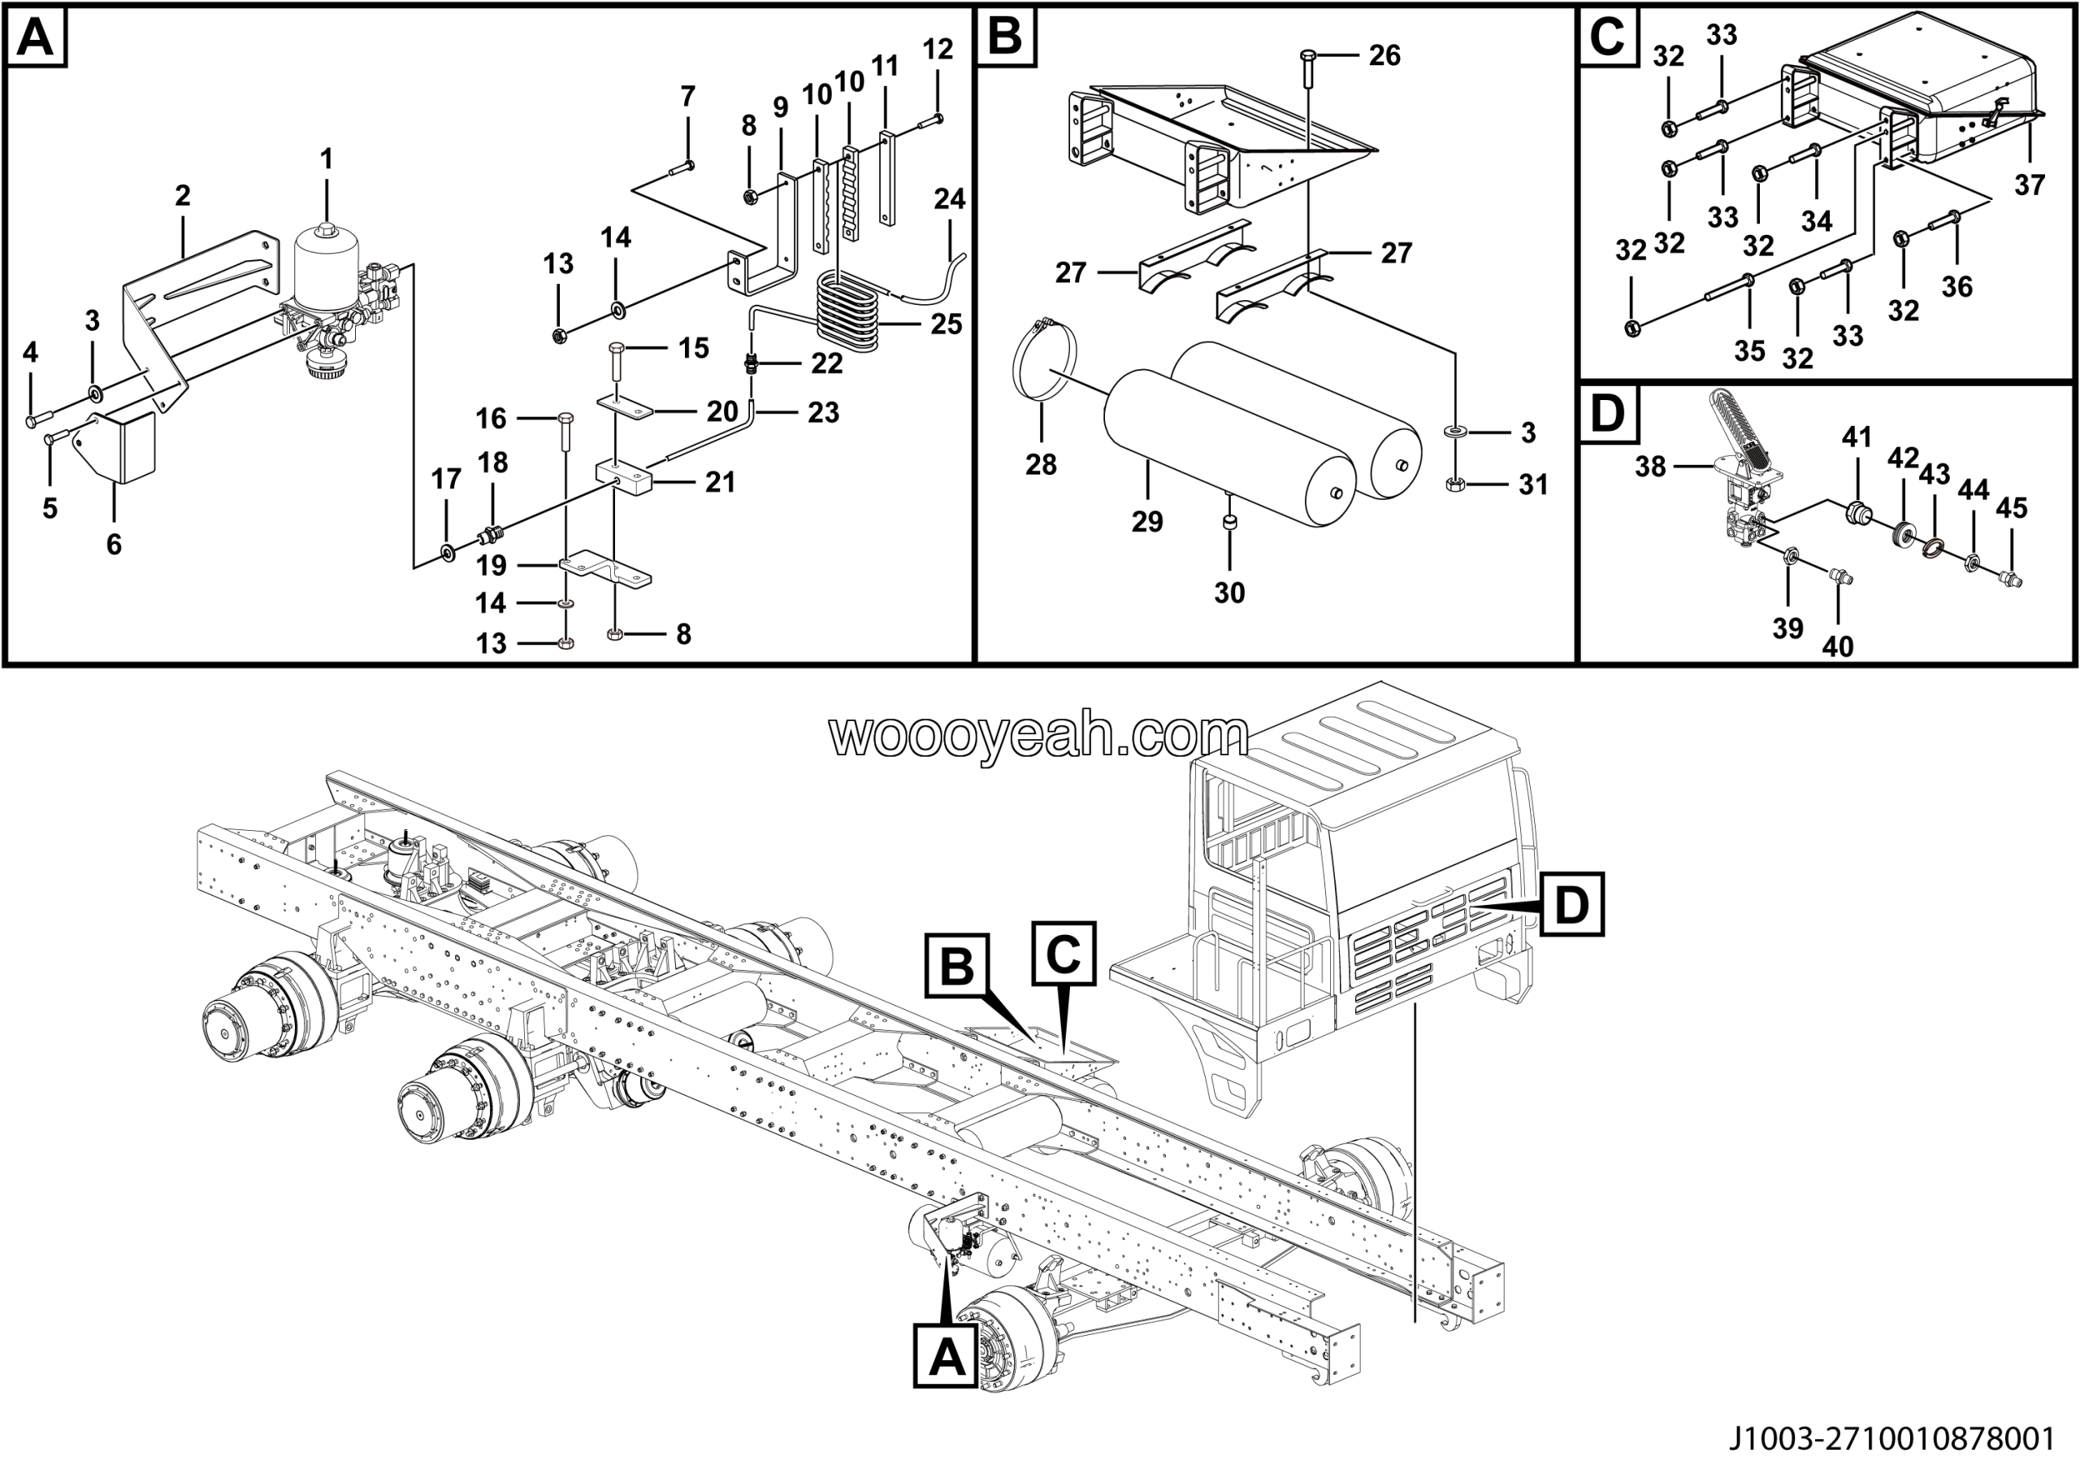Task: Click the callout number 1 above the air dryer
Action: click(326, 159)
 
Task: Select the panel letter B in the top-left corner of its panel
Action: click(1005, 38)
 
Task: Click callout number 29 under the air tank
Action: click(1147, 521)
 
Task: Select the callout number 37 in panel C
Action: click(2030, 185)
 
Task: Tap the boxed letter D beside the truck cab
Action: click(1571, 904)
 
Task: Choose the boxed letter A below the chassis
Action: click(946, 1358)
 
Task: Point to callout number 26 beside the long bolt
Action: click(1384, 56)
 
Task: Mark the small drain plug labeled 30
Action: click(1229, 522)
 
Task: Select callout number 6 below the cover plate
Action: click(113, 544)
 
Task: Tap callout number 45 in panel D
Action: click(2011, 508)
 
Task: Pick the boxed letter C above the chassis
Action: click(1064, 954)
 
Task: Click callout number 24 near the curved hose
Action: click(950, 199)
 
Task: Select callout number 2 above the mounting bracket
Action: click(182, 196)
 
